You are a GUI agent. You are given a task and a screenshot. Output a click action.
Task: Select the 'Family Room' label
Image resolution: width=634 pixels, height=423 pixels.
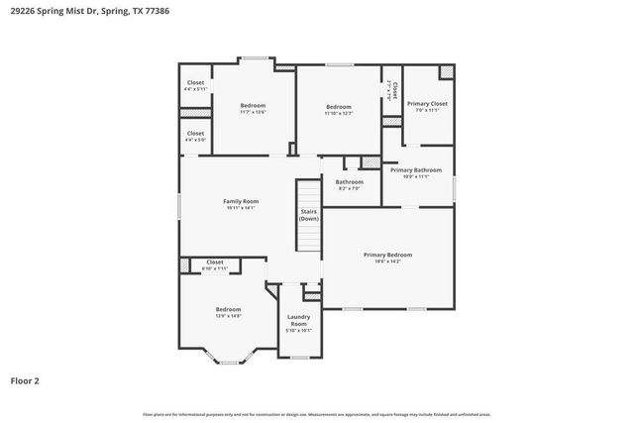[x=240, y=201]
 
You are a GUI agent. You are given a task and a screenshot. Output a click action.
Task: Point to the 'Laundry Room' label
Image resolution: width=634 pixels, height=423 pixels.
[x=298, y=320]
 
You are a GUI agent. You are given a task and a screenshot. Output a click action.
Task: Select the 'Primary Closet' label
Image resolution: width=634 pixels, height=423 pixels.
[x=427, y=103]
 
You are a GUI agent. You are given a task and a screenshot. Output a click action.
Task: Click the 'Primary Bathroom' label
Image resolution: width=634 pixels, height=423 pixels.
[x=415, y=169]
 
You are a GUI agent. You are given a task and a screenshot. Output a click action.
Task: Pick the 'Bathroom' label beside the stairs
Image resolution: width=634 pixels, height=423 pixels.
[x=349, y=181]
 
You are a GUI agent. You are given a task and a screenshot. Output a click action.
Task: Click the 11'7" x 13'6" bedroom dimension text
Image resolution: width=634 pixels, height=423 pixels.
[x=253, y=112]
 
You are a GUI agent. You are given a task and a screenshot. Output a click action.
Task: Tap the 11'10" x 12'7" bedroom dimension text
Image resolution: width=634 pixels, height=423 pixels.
[x=339, y=113]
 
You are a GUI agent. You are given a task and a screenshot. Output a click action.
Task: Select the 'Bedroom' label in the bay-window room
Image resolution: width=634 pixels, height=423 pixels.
[x=228, y=309]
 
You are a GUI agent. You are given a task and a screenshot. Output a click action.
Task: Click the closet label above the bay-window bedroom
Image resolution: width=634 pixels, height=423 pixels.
[x=214, y=264]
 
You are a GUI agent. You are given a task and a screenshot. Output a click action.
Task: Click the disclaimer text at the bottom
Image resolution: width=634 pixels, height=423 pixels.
[x=316, y=413]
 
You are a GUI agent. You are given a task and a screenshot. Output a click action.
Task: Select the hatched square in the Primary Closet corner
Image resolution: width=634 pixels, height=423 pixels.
[x=447, y=73]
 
